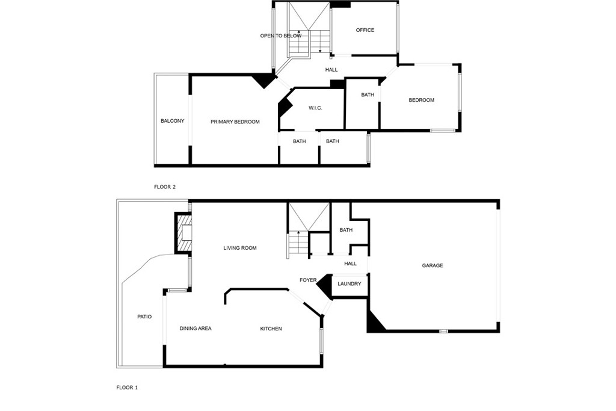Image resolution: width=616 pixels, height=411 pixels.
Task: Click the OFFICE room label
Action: [365, 30]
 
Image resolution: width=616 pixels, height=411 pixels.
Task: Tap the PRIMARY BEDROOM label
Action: [235, 122]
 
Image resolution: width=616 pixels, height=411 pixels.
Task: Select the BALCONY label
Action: [173, 121]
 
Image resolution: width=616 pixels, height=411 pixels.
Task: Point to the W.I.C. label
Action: [315, 108]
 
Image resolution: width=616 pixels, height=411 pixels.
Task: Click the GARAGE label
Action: [433, 265]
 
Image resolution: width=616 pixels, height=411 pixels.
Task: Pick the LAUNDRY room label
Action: [350, 283]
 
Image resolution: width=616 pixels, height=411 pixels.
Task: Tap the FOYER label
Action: [308, 280]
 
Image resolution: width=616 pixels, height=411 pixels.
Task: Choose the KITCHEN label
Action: [271, 329]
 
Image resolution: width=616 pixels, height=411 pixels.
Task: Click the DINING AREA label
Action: [196, 329]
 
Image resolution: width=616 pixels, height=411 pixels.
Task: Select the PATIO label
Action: [144, 317]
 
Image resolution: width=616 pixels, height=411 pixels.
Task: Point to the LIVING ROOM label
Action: [240, 248]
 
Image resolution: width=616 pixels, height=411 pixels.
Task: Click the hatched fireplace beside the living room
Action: [183, 233]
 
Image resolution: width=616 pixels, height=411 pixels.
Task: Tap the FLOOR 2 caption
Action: [165, 187]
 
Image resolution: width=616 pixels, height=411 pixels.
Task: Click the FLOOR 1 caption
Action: [127, 388]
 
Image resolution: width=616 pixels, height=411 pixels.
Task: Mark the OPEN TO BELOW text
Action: [281, 36]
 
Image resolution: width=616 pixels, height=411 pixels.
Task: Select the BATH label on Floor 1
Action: [346, 230]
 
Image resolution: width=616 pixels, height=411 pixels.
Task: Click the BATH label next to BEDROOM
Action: [368, 94]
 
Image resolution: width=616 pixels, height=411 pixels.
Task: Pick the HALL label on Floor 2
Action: [331, 70]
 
